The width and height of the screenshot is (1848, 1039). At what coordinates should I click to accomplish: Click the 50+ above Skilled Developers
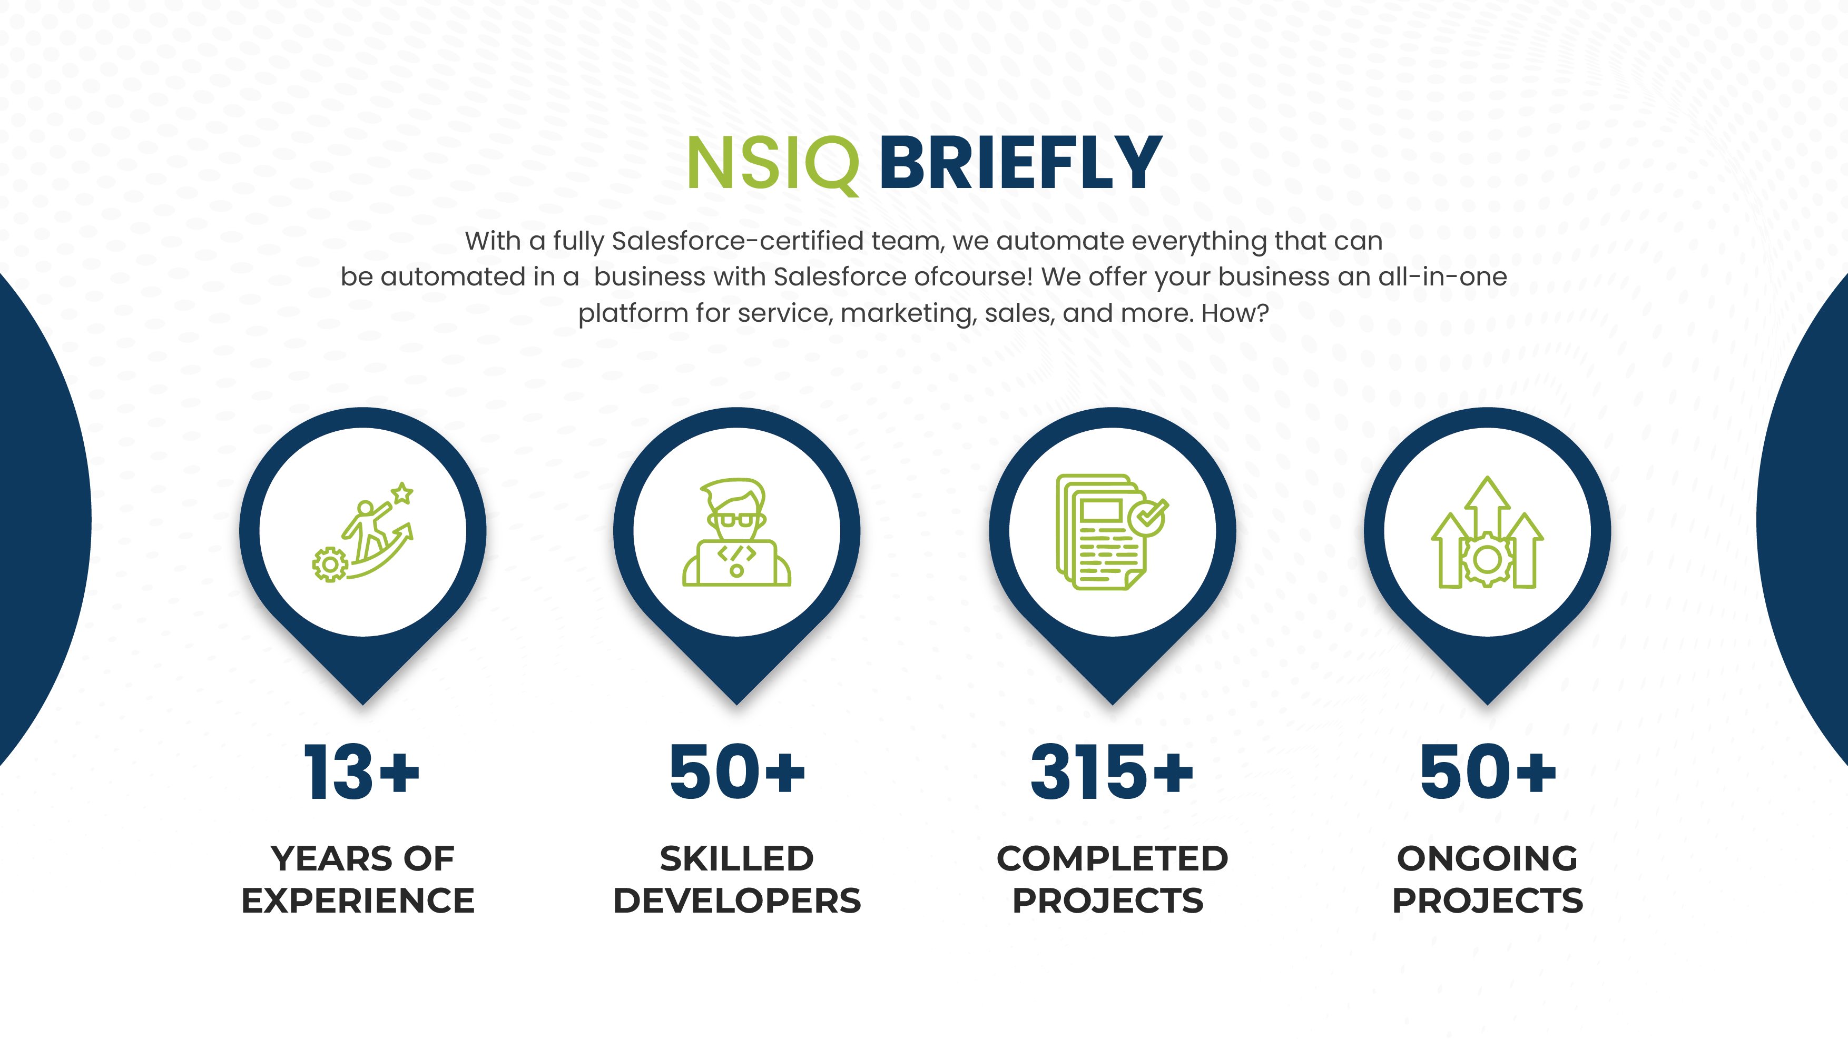pos(737,771)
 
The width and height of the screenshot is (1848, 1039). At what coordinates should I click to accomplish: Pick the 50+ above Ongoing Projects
pos(1487,771)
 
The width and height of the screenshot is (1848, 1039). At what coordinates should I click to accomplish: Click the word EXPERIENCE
pos(358,901)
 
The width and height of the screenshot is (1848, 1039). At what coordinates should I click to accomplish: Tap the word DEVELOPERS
pos(737,901)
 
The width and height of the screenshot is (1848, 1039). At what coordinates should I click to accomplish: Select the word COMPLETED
pos(1112,859)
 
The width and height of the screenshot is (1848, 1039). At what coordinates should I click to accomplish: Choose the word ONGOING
pos(1487,859)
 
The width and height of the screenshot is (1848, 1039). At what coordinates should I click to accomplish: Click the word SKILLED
pos(737,859)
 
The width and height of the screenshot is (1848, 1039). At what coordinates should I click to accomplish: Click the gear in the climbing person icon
pos(330,565)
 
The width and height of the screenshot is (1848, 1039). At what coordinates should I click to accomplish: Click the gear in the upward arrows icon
pos(1487,559)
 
